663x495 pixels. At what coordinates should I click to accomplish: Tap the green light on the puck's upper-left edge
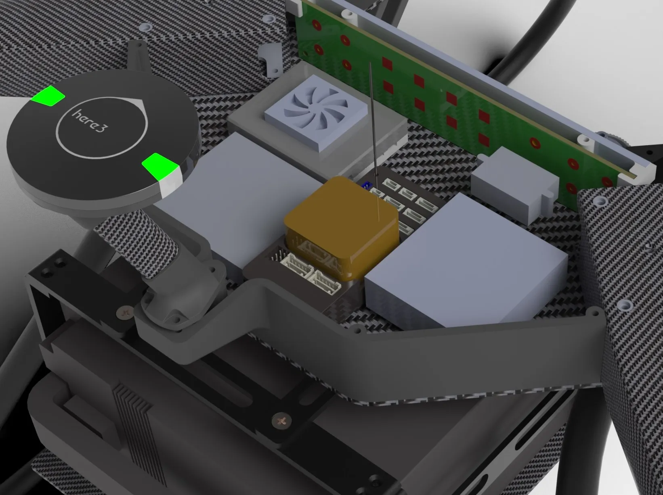click(48, 96)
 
